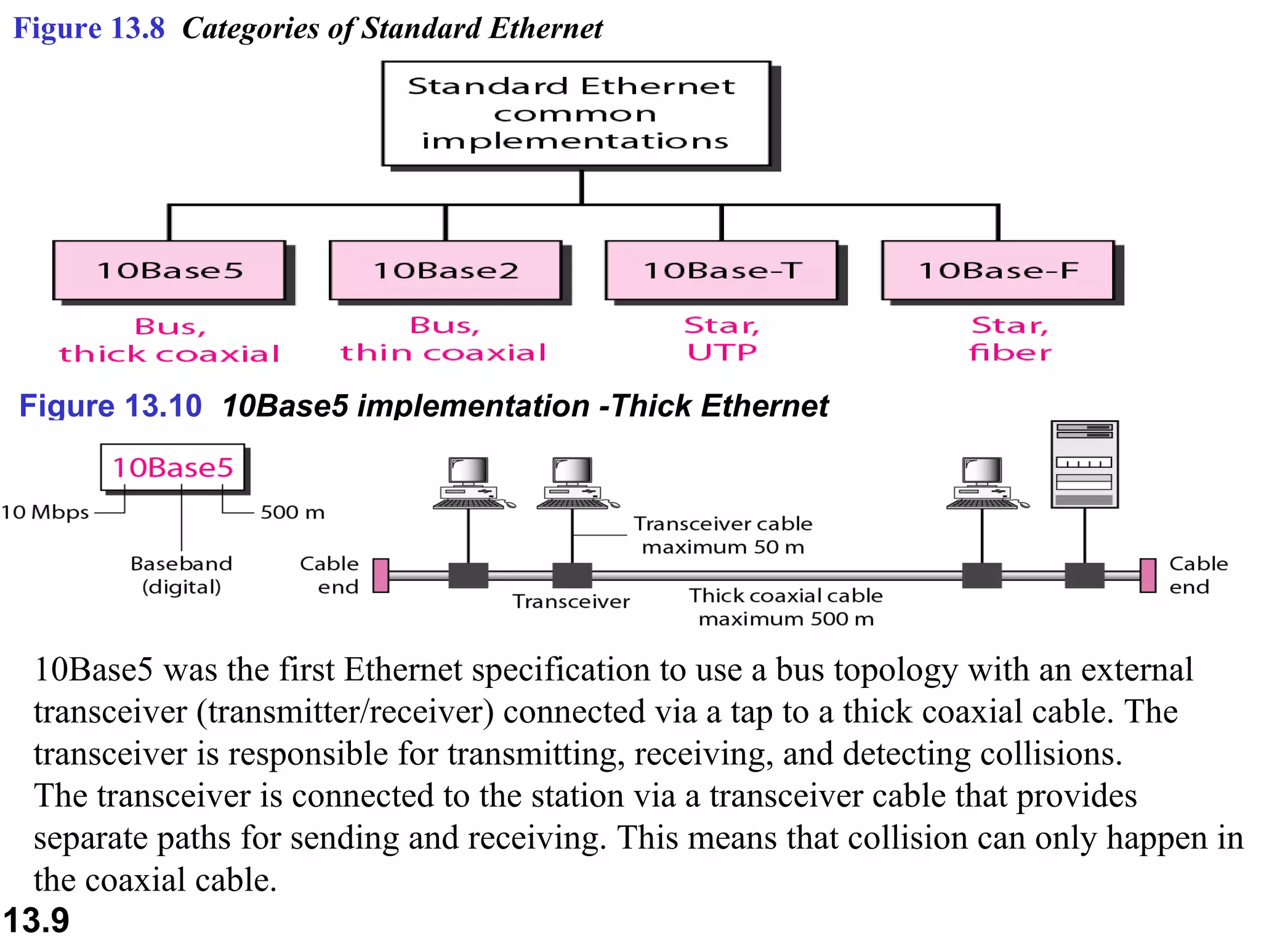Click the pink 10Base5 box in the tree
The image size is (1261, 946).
[169, 270]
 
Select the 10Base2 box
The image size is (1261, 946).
[446, 270]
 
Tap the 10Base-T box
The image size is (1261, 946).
[722, 270]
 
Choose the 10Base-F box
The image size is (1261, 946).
[998, 270]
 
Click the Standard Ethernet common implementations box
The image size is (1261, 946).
[576, 114]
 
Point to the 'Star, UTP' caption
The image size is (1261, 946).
[722, 339]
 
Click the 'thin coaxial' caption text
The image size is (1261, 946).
[443, 353]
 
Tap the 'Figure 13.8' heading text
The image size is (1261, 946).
[89, 28]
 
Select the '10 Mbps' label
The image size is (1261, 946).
[45, 512]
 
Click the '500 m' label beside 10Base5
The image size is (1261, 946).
[292, 512]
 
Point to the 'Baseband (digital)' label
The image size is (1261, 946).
[182, 575]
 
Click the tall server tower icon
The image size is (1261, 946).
[1084, 464]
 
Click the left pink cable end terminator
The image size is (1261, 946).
[381, 575]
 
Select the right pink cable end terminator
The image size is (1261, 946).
[1148, 575]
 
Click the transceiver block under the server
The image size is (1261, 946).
[1084, 575]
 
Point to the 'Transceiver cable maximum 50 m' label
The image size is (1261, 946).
[723, 535]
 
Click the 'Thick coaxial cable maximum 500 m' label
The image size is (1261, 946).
[786, 607]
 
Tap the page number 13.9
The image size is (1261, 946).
[36, 921]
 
